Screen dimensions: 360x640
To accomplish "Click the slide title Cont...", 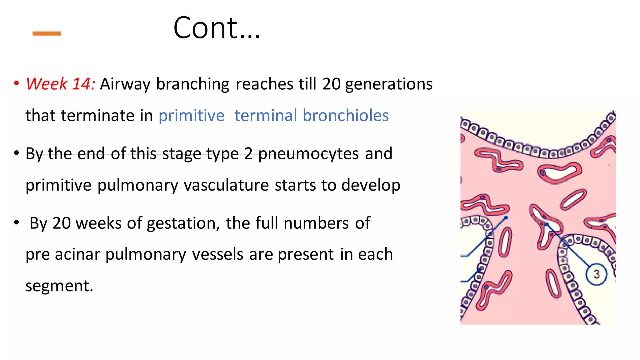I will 216,28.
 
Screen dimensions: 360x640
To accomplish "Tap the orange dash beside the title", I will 47,33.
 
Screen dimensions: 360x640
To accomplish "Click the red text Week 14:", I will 60,84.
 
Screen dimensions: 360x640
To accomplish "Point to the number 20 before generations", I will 331,84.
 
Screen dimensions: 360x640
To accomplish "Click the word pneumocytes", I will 308,154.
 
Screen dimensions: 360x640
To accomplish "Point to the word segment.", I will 59,286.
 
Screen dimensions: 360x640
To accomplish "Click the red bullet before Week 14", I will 17,84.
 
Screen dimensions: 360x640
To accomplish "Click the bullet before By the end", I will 17,153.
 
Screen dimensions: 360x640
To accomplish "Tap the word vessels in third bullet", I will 217,254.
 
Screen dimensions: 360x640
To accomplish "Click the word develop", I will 371,185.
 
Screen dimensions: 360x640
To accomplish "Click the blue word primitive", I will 192,116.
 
